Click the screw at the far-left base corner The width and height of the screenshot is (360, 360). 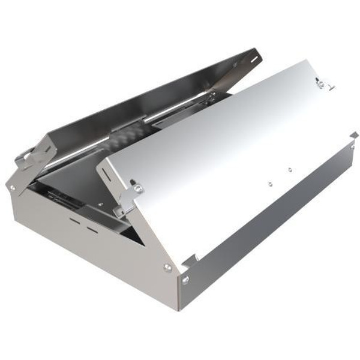(12, 188)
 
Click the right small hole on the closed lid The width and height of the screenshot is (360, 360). (289, 170)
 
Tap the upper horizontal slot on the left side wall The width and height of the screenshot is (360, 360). (76, 220)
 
